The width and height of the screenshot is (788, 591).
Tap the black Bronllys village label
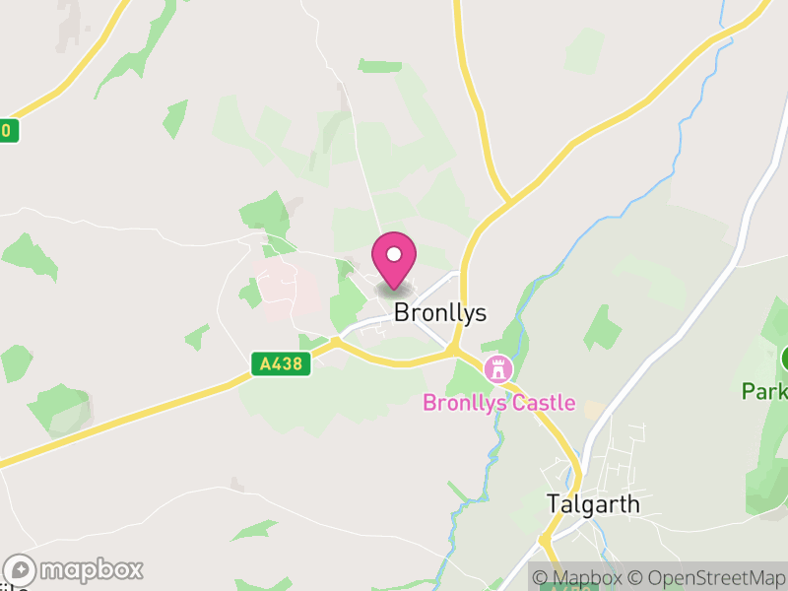point(440,313)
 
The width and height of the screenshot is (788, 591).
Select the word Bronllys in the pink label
point(462,402)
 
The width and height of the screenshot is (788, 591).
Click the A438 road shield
point(281,364)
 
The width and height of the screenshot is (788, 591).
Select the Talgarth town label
point(593,504)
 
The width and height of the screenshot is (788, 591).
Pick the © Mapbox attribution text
point(579,578)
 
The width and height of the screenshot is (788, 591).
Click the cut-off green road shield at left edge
point(8,130)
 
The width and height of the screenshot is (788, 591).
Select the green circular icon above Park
point(784,358)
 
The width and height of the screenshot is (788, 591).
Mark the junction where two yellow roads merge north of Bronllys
point(508,202)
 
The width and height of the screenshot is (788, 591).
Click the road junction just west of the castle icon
point(454,350)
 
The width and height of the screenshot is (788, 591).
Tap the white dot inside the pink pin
point(394,254)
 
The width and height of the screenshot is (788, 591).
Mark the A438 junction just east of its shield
point(336,342)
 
